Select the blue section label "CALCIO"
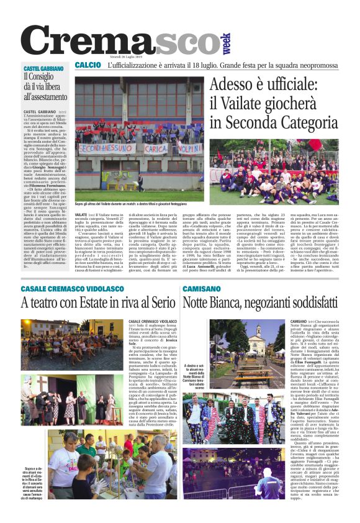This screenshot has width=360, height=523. [x=88, y=65]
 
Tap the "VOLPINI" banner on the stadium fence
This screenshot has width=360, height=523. [x=189, y=148]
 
